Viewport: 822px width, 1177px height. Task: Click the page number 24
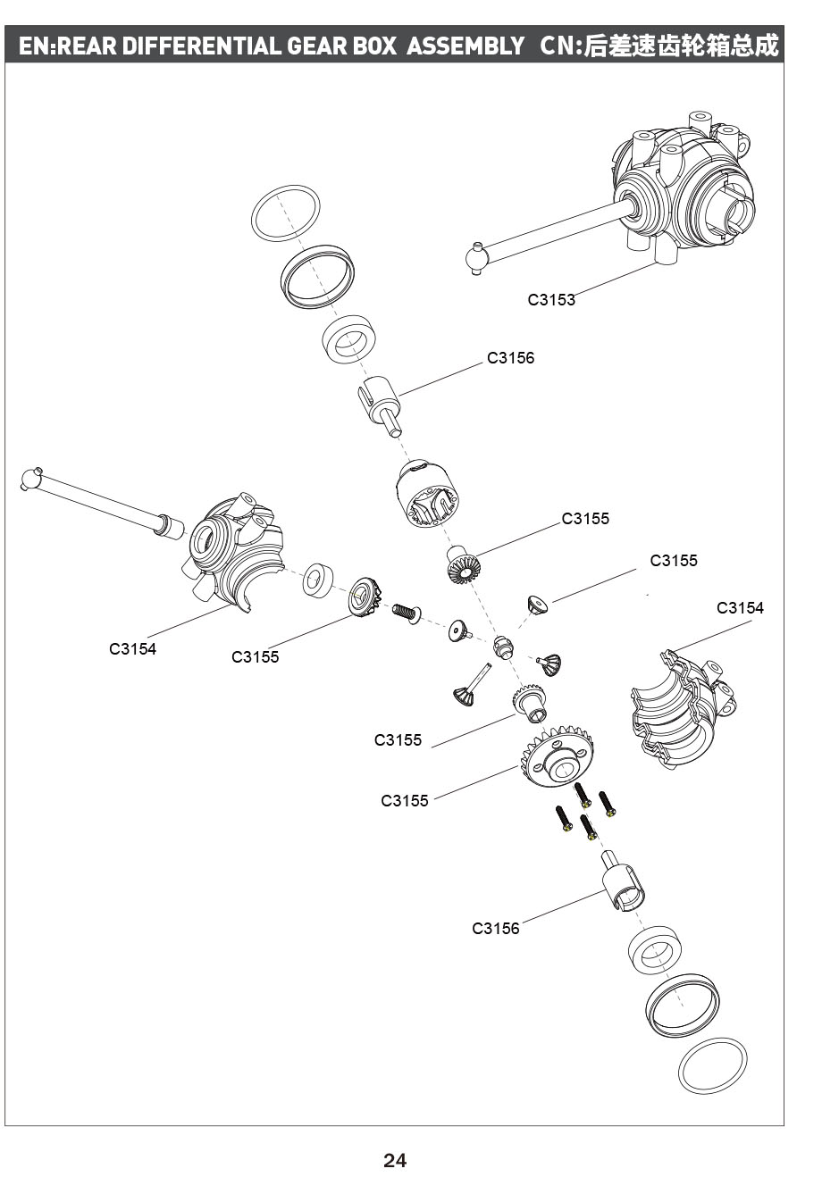coord(394,1160)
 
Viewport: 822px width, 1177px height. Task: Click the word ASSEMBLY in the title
coord(466,46)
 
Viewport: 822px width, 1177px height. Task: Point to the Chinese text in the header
coord(680,46)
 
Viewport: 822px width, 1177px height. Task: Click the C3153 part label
coord(551,300)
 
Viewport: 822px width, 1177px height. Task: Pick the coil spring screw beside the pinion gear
coord(406,613)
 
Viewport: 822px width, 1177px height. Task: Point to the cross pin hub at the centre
coord(503,645)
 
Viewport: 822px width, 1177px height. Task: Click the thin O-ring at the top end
coord(285,213)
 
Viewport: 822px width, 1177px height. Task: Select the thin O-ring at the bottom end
coord(712,1064)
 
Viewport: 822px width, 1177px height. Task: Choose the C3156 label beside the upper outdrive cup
coord(510,358)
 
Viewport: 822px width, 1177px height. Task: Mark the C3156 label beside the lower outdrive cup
coord(495,929)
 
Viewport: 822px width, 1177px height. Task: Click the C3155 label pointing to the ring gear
coord(405,801)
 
